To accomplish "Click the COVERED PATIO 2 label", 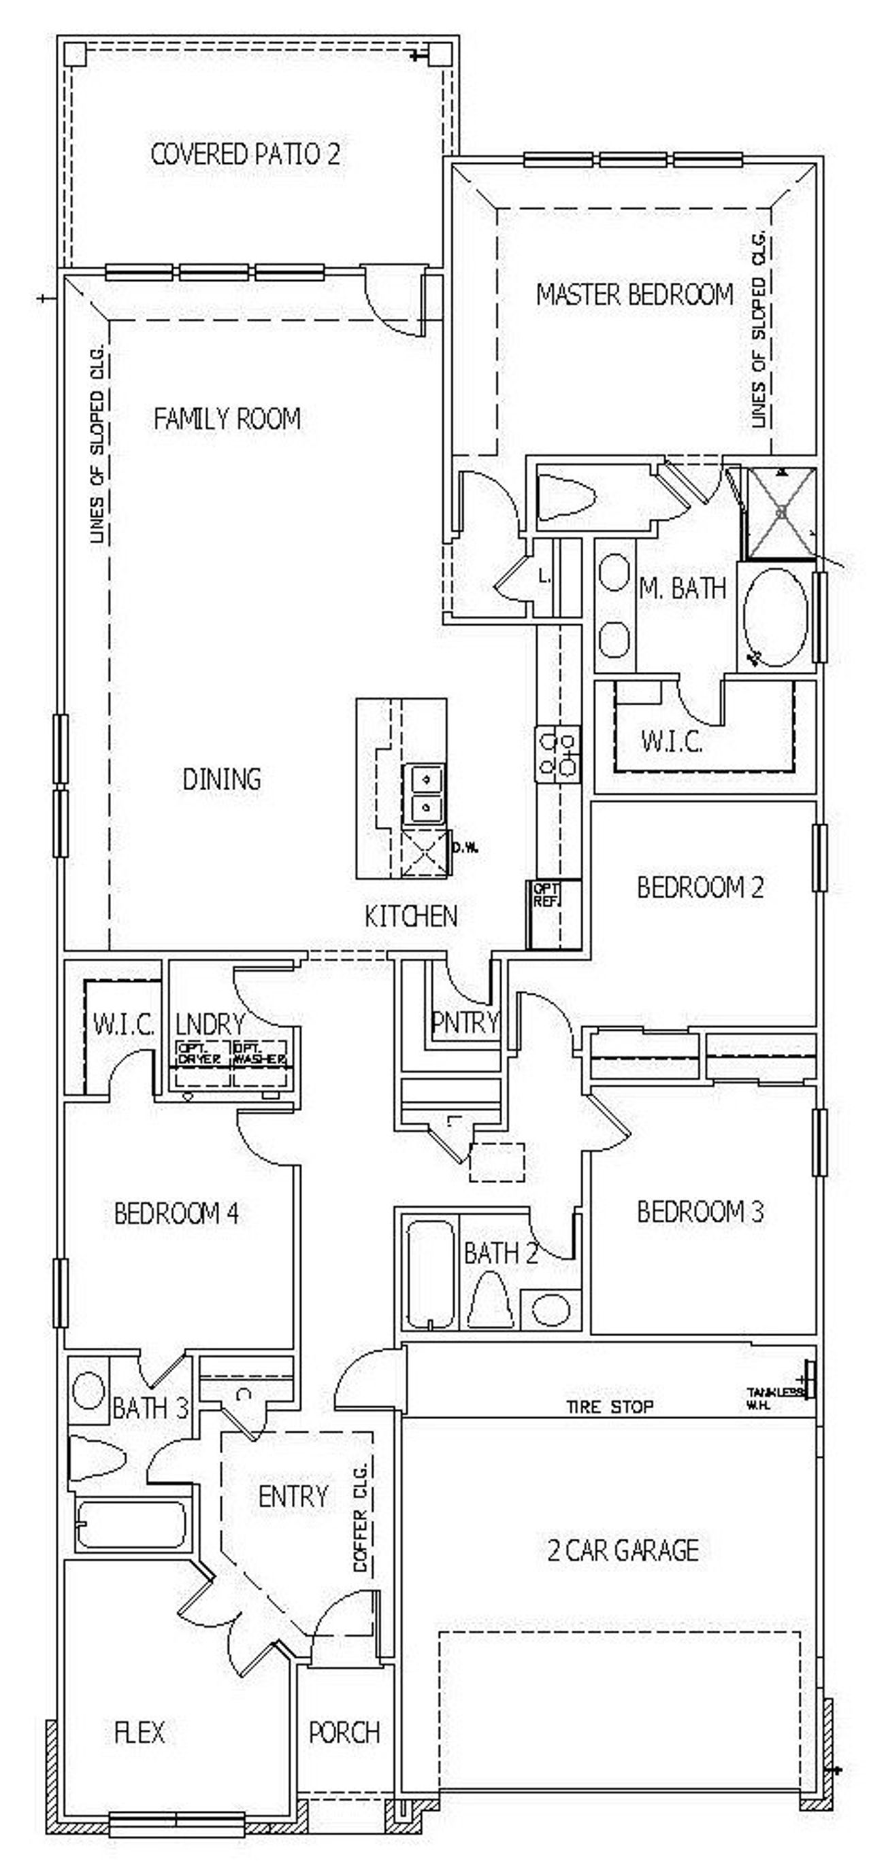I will click(245, 155).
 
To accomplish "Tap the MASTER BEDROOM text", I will click(634, 294).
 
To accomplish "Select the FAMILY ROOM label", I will click(227, 419).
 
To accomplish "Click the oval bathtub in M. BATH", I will click(776, 617).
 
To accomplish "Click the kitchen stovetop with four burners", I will click(557, 754).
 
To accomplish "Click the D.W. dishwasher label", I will click(465, 847).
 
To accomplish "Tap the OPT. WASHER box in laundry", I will click(259, 1055).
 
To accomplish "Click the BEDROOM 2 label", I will click(700, 887).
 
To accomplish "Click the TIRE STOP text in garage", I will click(609, 1406).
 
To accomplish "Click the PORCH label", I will click(344, 1732).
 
